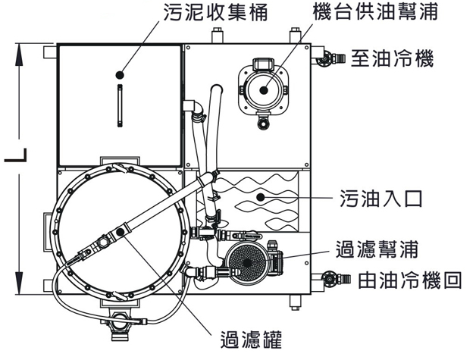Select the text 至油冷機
click(x=390, y=58)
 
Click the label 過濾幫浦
click(x=377, y=248)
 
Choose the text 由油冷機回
click(x=409, y=280)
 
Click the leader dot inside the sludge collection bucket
click(x=119, y=74)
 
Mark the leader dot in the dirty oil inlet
click(x=259, y=196)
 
